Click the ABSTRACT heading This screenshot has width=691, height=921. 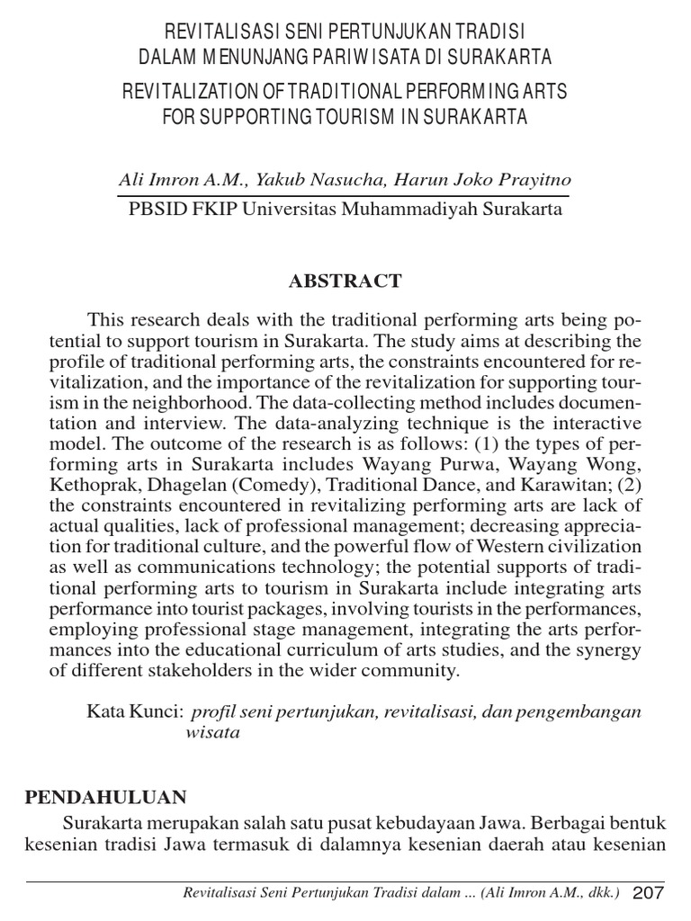(345, 281)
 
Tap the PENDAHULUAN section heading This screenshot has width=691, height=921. (104, 796)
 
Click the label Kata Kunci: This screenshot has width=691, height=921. (135, 711)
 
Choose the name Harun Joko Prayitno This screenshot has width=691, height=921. (478, 180)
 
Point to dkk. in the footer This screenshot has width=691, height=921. (603, 893)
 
